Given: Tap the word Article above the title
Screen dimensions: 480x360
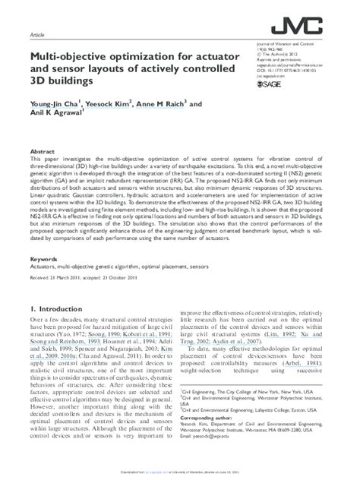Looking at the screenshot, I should (36, 36).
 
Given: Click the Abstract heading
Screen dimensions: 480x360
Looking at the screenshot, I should (41, 152).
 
